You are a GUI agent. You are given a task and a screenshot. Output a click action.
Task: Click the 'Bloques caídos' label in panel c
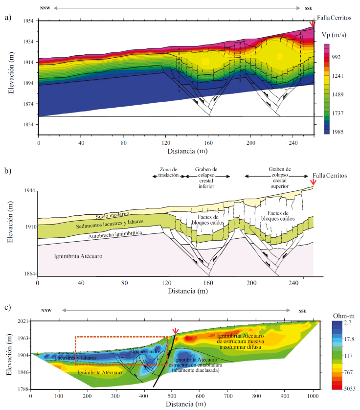[145, 351]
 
